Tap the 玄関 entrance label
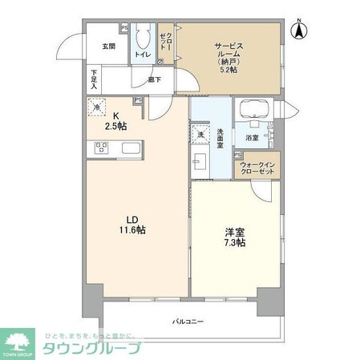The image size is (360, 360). point(108,47)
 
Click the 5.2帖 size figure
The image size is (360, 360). point(229,70)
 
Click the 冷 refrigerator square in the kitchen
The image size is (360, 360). point(96,107)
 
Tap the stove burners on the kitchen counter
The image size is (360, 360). point(102,147)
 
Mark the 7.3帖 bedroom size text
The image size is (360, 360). point(235,242)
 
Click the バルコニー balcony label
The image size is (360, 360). point(188,322)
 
